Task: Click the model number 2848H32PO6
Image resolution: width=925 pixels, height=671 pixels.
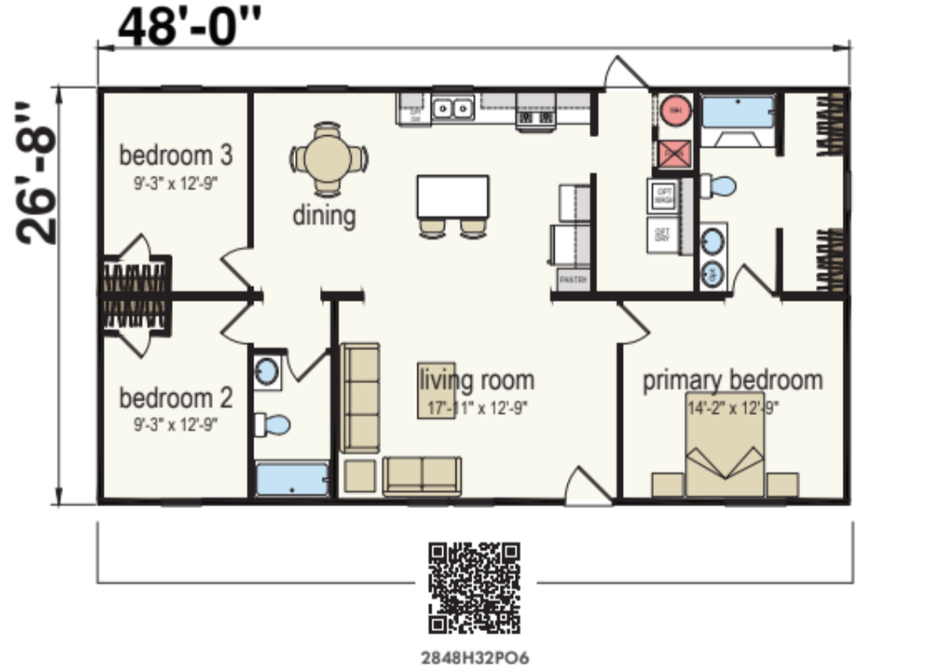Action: click(x=474, y=658)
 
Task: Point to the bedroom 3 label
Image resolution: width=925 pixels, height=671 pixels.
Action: click(x=175, y=156)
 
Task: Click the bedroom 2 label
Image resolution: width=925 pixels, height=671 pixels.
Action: click(x=175, y=397)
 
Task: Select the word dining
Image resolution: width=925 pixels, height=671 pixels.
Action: click(x=324, y=215)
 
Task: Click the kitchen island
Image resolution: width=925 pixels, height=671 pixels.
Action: click(x=453, y=197)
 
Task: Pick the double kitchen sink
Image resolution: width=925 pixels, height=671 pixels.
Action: click(x=453, y=108)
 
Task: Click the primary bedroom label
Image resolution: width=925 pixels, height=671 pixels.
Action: click(x=732, y=381)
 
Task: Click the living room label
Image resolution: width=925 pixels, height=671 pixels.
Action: click(x=478, y=381)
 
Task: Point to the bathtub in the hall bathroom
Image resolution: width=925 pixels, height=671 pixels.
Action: click(x=291, y=480)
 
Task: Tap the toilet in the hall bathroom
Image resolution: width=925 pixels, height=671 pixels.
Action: click(x=273, y=425)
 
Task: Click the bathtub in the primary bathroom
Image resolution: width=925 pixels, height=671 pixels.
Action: click(x=737, y=113)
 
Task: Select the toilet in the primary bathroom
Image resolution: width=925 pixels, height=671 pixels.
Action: click(x=719, y=187)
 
